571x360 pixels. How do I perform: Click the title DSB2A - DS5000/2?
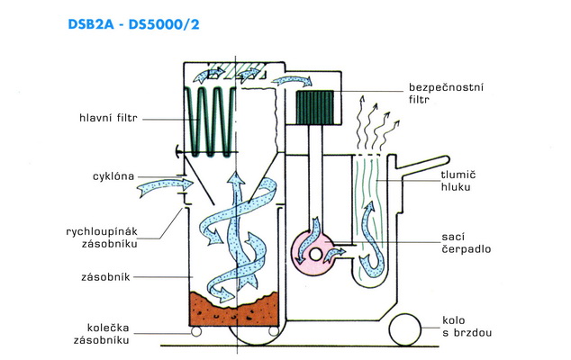point(133,24)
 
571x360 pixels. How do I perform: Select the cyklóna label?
point(113,176)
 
